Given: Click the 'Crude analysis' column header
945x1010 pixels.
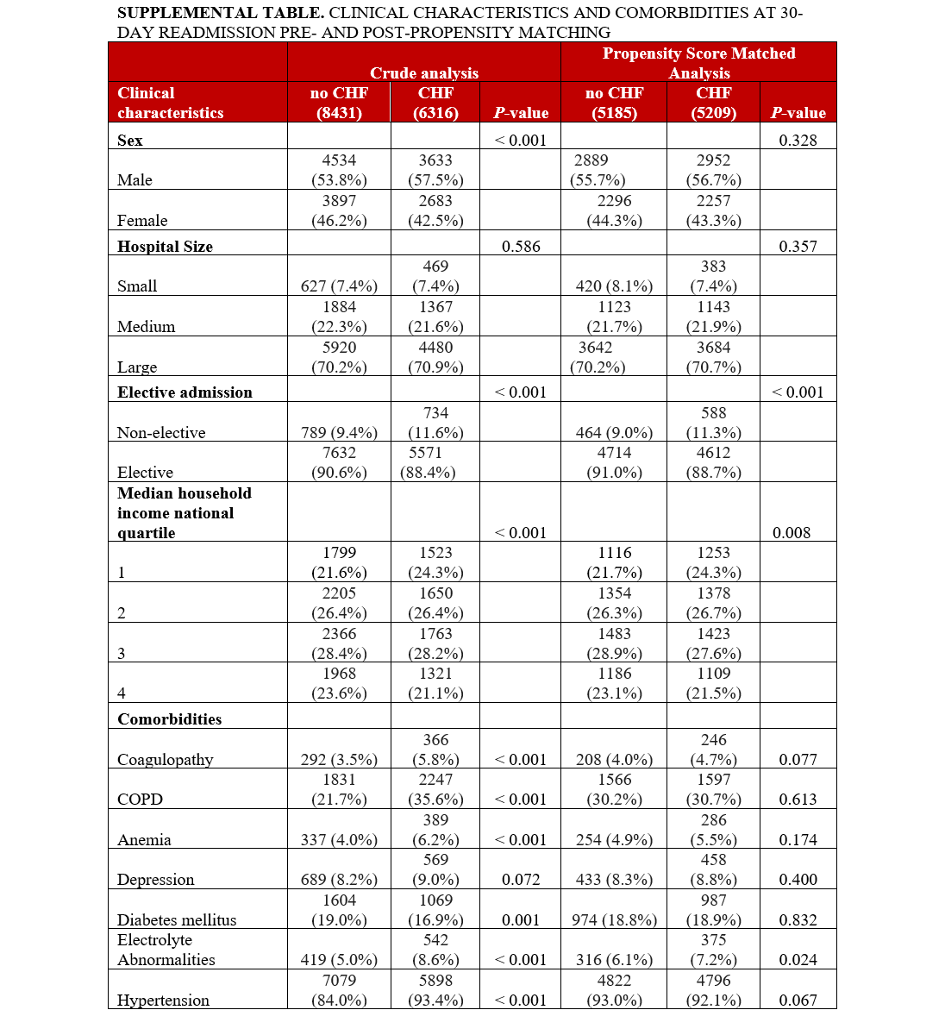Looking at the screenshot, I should pyautogui.click(x=423, y=72).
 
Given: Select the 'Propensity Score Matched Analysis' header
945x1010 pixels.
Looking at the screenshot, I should pyautogui.click(x=698, y=63).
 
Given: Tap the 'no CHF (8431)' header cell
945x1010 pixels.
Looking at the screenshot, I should pyautogui.click(x=339, y=103).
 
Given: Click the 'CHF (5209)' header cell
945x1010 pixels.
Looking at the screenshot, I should pyautogui.click(x=713, y=103).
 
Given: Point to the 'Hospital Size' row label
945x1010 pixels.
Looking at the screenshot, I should pyautogui.click(x=165, y=246).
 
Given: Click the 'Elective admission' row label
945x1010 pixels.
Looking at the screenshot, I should pyautogui.click(x=185, y=392).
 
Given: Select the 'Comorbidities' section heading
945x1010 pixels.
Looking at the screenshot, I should pyautogui.click(x=169, y=718).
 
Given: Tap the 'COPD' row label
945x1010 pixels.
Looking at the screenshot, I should pyautogui.click(x=140, y=799).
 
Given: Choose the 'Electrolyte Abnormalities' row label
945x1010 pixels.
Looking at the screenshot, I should pyautogui.click(x=166, y=950).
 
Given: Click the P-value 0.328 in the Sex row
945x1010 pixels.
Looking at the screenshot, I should pyautogui.click(x=798, y=140).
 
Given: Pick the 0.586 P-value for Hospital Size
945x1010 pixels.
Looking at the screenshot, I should pyautogui.click(x=521, y=246).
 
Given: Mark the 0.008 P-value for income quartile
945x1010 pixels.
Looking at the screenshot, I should pyautogui.click(x=792, y=532).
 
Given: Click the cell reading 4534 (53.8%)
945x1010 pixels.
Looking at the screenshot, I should pyautogui.click(x=339, y=170).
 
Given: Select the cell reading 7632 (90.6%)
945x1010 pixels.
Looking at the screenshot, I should pyautogui.click(x=339, y=462).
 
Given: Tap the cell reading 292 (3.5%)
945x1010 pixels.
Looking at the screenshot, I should pyautogui.click(x=339, y=759).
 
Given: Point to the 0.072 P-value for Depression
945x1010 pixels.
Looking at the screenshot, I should pyautogui.click(x=521, y=879).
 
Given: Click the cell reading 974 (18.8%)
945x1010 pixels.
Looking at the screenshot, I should pyautogui.click(x=614, y=919).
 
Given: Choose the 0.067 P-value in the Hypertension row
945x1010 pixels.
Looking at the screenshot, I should pyautogui.click(x=798, y=1000).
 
